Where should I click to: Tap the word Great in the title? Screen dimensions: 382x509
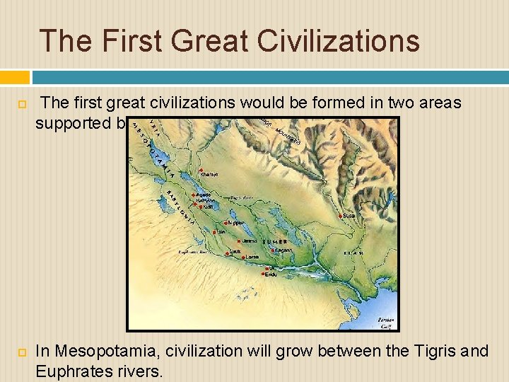click(x=204, y=40)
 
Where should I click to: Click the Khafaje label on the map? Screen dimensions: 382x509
click(x=209, y=174)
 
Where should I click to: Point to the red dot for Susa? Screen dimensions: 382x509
click(x=341, y=215)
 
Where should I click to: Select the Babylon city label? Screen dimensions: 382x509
click(x=206, y=200)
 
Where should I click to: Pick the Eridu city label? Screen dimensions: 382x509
click(x=271, y=274)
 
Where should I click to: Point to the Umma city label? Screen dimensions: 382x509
click(x=250, y=241)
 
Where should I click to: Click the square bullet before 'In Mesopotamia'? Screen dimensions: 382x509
click(x=21, y=352)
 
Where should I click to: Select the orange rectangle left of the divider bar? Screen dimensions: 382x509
click(x=15, y=77)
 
